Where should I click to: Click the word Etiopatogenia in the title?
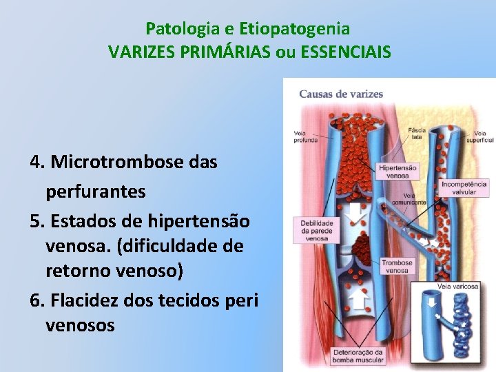pos(294,29)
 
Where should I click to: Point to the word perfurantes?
pos(96,192)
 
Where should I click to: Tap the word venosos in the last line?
pos(80,324)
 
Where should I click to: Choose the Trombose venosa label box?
pos(398,266)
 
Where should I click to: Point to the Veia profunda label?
pos(305,136)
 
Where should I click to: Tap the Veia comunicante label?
pos(409,198)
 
